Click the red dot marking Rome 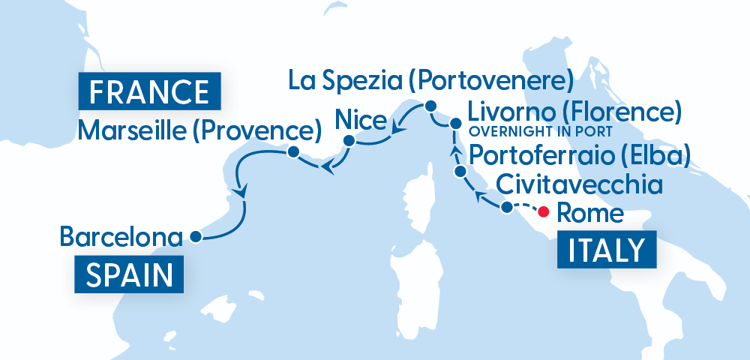click(x=544, y=211)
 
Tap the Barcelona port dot click(x=195, y=237)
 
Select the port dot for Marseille click(x=293, y=152)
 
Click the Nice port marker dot click(x=349, y=140)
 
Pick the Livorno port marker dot click(x=455, y=123)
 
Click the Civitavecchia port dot click(x=507, y=207)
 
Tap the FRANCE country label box click(x=148, y=91)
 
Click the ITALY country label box click(x=607, y=250)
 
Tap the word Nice click(x=361, y=119)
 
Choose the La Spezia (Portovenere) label click(x=430, y=79)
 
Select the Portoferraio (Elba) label click(x=580, y=157)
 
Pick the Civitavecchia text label click(x=579, y=184)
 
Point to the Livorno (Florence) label click(x=574, y=113)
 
